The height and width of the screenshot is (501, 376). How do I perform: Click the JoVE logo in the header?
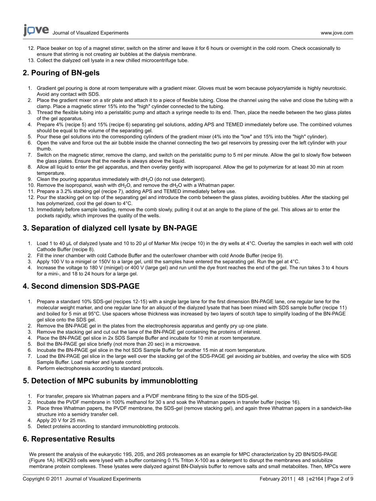(x=36, y=30)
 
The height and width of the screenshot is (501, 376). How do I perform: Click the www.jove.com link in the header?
(x=337, y=33)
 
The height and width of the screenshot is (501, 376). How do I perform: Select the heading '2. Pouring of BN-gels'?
(x=61, y=73)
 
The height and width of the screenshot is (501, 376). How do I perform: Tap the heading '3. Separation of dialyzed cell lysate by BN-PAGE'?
(x=110, y=228)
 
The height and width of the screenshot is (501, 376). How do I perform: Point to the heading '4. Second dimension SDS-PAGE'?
(x=81, y=286)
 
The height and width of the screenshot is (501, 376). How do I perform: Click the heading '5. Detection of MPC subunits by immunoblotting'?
(x=110, y=381)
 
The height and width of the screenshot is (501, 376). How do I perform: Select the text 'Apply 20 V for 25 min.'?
(x=61, y=420)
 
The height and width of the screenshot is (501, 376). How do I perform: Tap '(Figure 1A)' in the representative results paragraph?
(x=42, y=461)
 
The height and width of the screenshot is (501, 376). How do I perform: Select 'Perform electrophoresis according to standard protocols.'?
(x=100, y=368)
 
